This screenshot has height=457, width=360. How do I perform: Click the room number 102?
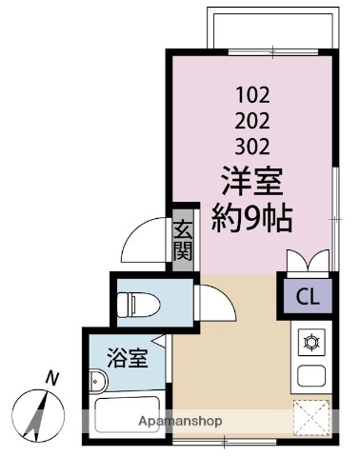252,95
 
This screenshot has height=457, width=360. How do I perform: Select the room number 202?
252,121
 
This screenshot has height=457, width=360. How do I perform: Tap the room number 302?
252,147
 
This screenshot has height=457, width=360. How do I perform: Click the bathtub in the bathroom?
129,417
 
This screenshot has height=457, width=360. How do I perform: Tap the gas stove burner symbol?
310,341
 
